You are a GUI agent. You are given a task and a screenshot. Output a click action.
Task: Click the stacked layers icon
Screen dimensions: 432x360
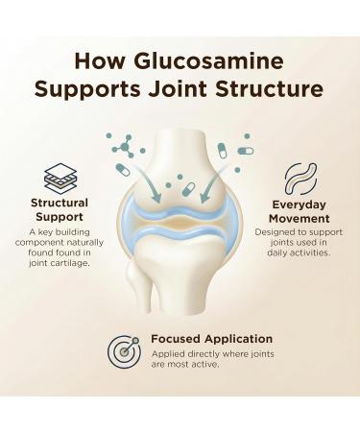61,180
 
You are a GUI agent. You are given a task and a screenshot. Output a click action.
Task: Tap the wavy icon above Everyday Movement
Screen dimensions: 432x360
299,180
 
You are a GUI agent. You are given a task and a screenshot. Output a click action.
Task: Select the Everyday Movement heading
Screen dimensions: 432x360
299,211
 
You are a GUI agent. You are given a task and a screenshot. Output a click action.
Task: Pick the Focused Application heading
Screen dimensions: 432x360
211,339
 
